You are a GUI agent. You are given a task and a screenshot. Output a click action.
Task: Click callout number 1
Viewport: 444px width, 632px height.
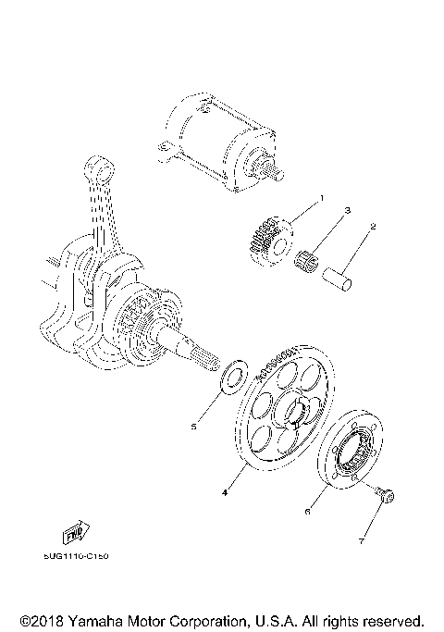coord(323,199)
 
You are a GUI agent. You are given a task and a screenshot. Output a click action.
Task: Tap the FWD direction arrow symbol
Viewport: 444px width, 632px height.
coord(72,536)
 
